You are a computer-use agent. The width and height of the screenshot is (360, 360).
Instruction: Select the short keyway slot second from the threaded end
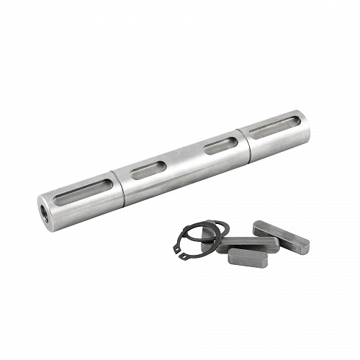[148, 170]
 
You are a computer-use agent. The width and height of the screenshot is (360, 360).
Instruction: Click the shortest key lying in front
[248, 258]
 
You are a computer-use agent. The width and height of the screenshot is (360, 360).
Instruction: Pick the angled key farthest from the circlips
[282, 237]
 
